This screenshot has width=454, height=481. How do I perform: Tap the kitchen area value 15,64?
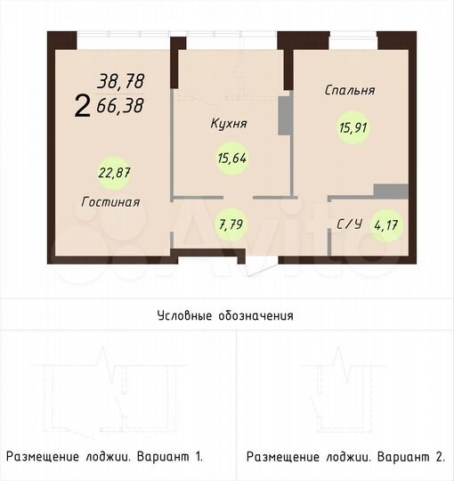click(232, 159)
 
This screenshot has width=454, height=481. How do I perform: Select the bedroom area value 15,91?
click(353, 127)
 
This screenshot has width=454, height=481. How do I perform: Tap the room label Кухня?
click(229, 124)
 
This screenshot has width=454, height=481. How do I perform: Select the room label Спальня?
click(350, 90)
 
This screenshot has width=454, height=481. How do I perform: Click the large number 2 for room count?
click(82, 108)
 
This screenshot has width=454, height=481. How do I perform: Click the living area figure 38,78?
click(122, 82)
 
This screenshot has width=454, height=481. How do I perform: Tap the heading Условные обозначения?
click(225, 315)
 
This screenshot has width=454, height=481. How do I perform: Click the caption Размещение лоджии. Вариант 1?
click(105, 457)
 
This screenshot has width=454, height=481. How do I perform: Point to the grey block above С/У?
click(390, 192)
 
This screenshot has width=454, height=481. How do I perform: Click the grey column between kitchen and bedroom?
click(286, 116)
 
